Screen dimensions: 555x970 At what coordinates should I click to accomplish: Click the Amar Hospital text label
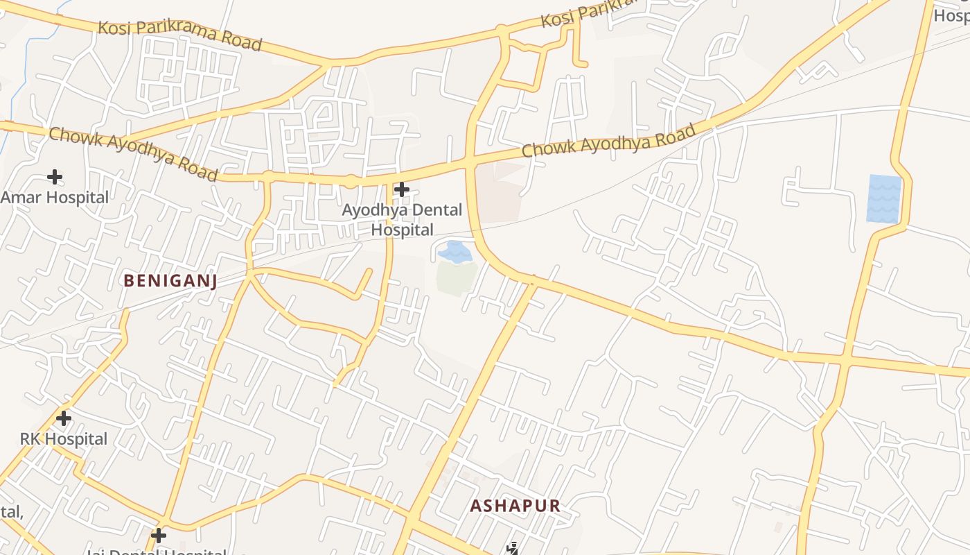click(55, 197)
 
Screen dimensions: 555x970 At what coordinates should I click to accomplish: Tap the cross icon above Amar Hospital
click(55, 177)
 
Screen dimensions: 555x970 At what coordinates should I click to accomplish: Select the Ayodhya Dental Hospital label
click(402, 219)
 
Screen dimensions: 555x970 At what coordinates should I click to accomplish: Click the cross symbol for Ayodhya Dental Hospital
click(401, 189)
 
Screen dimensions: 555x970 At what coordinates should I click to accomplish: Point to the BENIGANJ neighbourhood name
click(170, 280)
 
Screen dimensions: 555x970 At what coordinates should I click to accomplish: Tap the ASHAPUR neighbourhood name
click(515, 506)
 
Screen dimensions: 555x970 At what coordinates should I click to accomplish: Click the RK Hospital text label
click(64, 439)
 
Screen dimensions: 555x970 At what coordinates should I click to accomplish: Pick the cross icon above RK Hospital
click(64, 418)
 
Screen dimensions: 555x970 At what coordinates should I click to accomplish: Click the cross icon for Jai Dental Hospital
click(159, 535)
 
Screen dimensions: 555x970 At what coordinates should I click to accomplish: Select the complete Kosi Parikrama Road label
click(180, 35)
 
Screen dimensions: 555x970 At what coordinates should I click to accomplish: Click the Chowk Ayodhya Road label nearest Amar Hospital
click(133, 153)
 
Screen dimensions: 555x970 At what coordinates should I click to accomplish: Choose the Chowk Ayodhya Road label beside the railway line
click(608, 140)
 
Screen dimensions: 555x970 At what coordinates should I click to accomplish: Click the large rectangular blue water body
click(884, 198)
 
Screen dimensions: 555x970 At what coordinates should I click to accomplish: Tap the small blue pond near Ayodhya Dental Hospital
click(455, 251)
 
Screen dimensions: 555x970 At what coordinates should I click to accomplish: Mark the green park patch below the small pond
click(456, 277)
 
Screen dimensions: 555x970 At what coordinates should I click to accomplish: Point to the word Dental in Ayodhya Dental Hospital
click(423, 210)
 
